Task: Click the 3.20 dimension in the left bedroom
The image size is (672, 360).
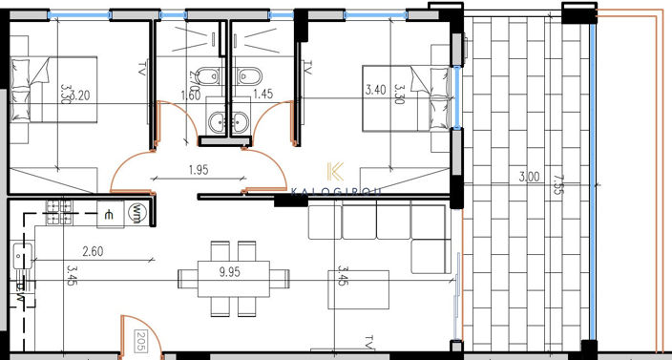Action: (82, 95)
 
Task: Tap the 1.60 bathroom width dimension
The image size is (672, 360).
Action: (191, 95)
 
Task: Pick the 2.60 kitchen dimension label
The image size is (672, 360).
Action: (94, 252)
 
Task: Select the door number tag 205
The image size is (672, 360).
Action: (140, 341)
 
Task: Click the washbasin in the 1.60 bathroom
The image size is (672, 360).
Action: (218, 121)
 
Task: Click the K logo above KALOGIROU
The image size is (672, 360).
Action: (335, 172)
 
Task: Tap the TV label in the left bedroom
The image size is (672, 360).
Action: (141, 70)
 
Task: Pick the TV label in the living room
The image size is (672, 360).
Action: (370, 340)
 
